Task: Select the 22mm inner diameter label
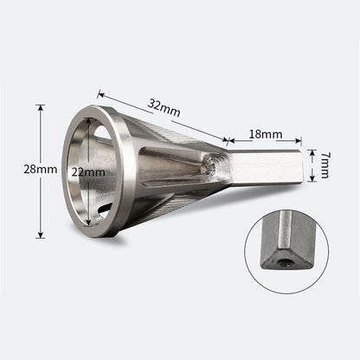90,172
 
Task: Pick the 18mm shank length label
266,135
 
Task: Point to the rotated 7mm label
325,166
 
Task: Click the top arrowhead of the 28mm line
40,107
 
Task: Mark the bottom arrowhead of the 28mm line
40,236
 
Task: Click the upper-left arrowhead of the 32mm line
100,92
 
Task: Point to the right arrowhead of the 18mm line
300,141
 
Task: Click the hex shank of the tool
264,166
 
